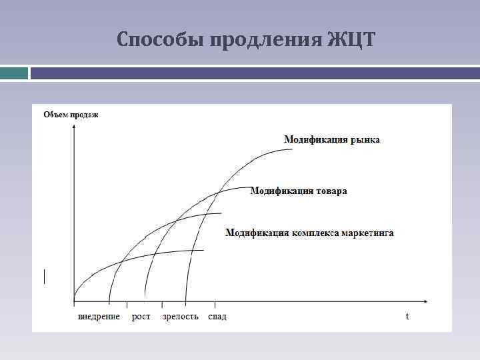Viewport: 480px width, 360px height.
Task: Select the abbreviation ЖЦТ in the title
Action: (351, 40)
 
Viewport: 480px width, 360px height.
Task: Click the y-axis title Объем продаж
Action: (71, 115)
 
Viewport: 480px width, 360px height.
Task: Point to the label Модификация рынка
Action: (332, 139)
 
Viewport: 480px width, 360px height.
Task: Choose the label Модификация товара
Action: (298, 191)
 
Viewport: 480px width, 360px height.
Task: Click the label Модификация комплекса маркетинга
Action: (309, 233)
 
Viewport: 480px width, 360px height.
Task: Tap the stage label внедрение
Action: (99, 316)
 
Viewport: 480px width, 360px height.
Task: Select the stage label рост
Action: (141, 316)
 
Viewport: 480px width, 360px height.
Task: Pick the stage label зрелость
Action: (180, 316)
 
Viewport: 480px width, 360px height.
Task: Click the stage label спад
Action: (217, 316)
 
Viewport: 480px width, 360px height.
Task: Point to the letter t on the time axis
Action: (407, 315)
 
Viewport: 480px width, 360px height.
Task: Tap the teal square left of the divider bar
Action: (14, 73)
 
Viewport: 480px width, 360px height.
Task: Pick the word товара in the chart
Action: (331, 191)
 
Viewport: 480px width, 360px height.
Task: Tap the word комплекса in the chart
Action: (315, 233)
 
